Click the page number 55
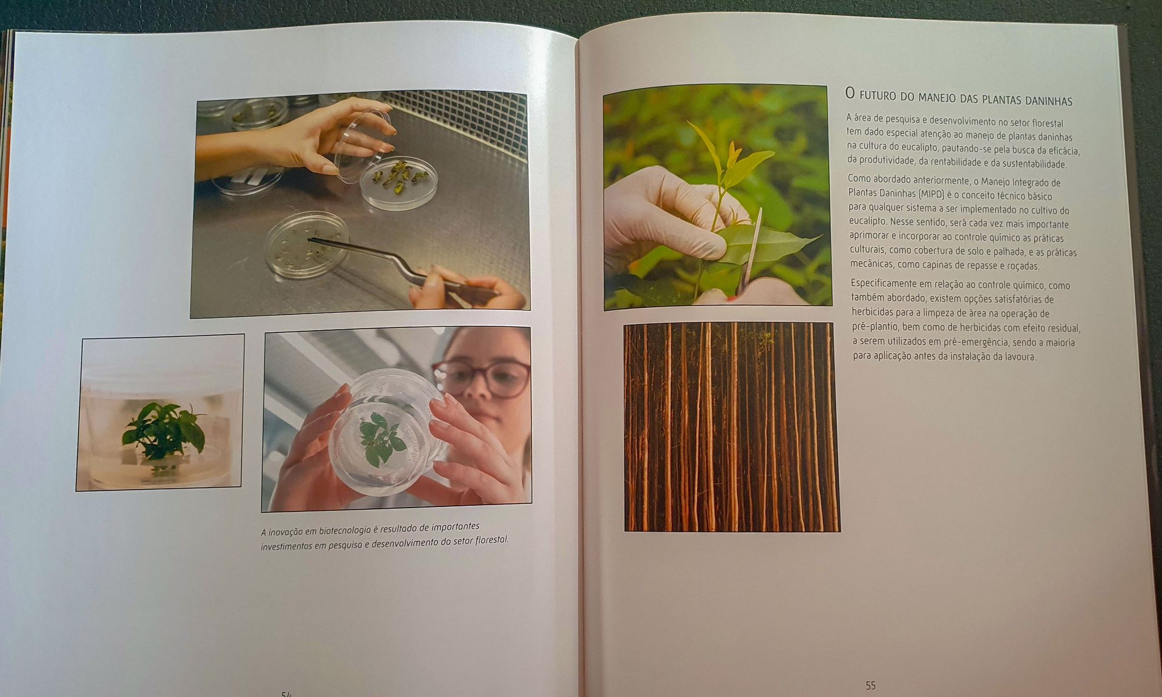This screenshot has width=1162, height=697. click(870, 686)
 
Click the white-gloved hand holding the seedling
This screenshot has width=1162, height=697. click(663, 217)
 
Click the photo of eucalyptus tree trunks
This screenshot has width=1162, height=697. click(731, 427)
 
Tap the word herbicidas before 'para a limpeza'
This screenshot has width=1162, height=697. click(875, 312)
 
